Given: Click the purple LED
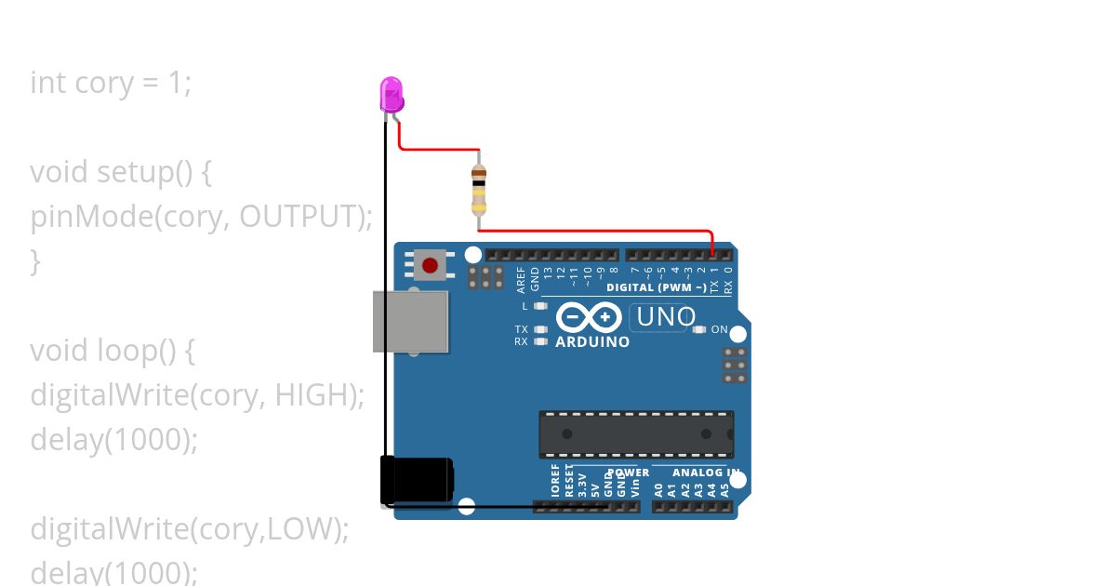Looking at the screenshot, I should pyautogui.click(x=392, y=94).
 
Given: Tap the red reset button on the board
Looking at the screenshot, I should pyautogui.click(x=430, y=266).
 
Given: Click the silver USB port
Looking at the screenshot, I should pyautogui.click(x=410, y=321).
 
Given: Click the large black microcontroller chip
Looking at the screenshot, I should pyautogui.click(x=636, y=434).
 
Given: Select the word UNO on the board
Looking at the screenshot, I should pyautogui.click(x=665, y=317).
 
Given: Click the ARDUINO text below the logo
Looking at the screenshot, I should pyautogui.click(x=592, y=342).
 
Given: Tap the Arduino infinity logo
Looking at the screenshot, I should pyautogui.click(x=589, y=318).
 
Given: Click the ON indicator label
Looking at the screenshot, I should pyautogui.click(x=719, y=329).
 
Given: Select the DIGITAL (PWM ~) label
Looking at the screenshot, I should pyautogui.click(x=656, y=287).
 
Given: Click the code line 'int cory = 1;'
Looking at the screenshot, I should pyautogui.click(x=111, y=83).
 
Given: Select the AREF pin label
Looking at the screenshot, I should pyautogui.click(x=521, y=278).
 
